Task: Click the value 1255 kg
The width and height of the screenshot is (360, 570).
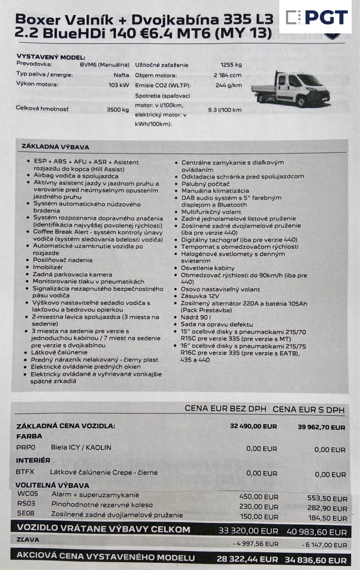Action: click(x=230, y=65)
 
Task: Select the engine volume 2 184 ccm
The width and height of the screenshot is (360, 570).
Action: click(x=227, y=75)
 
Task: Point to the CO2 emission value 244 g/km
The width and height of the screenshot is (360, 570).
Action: click(x=228, y=85)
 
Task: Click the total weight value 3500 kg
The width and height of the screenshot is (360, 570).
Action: click(x=117, y=110)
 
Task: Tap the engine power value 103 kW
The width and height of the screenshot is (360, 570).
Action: click(x=119, y=85)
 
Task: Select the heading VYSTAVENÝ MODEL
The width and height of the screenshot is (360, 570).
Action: click(x=51, y=57)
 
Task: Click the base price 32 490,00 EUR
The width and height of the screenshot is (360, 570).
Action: click(x=253, y=426)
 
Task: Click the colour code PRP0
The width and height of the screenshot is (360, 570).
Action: click(x=26, y=447)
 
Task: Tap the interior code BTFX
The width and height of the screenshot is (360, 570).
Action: click(x=25, y=473)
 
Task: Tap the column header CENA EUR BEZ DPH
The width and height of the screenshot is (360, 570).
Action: click(x=225, y=409)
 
